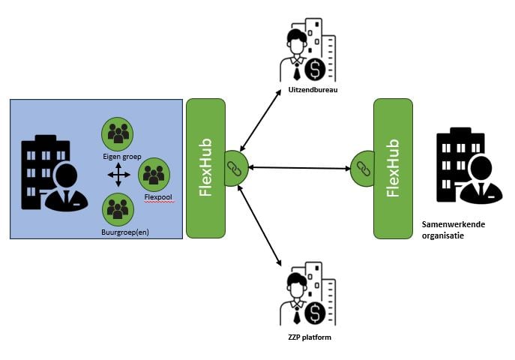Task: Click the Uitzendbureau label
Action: pyautogui.click(x=309, y=91)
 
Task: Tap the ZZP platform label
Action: pyautogui.click(x=308, y=337)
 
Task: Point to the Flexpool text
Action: pyautogui.click(x=154, y=198)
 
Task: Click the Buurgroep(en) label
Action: pyautogui.click(x=125, y=232)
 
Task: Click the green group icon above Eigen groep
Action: pyautogui.click(x=117, y=133)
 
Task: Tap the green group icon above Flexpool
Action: pyautogui.click(x=154, y=174)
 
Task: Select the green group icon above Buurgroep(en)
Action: pyautogui.click(x=117, y=209)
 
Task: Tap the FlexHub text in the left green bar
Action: pyautogui.click(x=205, y=167)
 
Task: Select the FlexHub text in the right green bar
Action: pyautogui.click(x=393, y=167)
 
